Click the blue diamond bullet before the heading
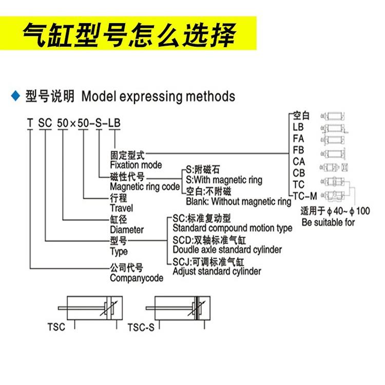click(14, 95)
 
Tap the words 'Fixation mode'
click(136, 165)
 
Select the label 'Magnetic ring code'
click(145, 187)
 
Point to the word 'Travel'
click(121, 208)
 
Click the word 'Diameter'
click(127, 230)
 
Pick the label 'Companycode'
click(137, 278)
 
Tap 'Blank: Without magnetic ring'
click(239, 201)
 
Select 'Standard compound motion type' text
click(233, 228)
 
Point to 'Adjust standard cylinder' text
click(217, 271)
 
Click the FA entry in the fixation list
click(299, 139)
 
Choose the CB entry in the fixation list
click(299, 173)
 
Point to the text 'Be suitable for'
click(329, 223)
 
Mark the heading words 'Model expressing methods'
click(158, 96)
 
